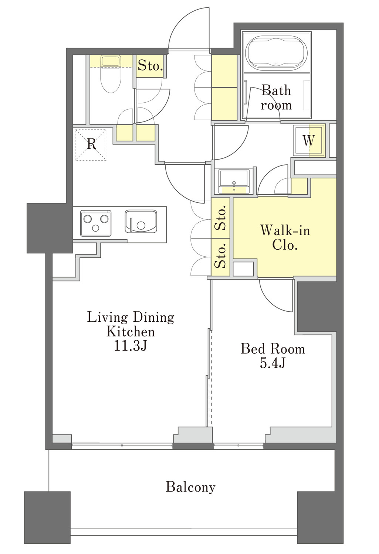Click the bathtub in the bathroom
(276, 52)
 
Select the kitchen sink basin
(141, 221)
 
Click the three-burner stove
(95, 223)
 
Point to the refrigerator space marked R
(91, 144)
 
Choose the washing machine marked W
(309, 141)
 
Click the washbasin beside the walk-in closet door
(234, 181)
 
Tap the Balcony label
(190, 487)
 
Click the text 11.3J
(131, 346)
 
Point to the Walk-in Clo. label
(285, 237)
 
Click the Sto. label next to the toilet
(150, 65)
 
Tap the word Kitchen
(131, 332)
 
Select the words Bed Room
(273, 349)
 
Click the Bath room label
(276, 98)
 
